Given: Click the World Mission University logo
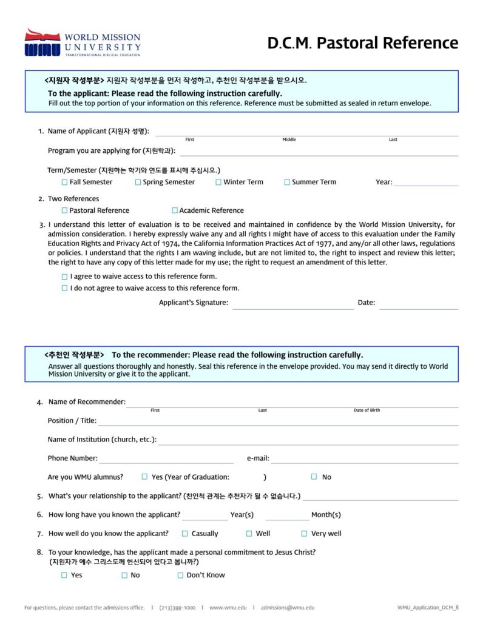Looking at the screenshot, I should click(x=83, y=42).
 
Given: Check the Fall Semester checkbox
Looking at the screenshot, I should click(x=64, y=182).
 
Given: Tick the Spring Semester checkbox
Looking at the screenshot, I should click(x=138, y=182).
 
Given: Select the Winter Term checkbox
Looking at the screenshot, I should click(x=218, y=182).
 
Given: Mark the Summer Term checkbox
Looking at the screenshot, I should click(x=287, y=182).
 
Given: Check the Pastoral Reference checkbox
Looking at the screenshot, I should click(x=64, y=210).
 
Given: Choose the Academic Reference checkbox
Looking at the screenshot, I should click(x=175, y=210).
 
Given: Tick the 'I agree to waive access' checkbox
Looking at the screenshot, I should click(x=65, y=277).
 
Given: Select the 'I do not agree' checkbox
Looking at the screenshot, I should click(x=65, y=288).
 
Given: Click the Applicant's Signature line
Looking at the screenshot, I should click(x=292, y=306).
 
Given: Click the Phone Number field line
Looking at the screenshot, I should click(x=166, y=461).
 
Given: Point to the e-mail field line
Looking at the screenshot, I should click(x=364, y=461).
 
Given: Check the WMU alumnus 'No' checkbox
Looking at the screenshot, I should click(x=314, y=477).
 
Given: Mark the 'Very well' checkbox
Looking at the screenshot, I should click(x=304, y=534).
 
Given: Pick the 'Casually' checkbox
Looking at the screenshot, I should click(x=184, y=534).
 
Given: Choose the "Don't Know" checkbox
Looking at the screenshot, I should click(x=180, y=576).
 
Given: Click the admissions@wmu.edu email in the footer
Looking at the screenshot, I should click(x=288, y=607).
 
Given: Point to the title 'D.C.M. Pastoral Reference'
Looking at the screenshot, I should click(x=363, y=43).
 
